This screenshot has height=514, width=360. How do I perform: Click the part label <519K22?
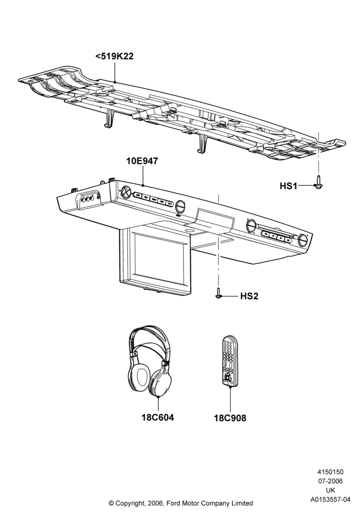coord(114,56)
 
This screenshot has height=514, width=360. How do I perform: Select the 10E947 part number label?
coord(142,161)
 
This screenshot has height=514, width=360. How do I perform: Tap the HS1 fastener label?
coord(288,186)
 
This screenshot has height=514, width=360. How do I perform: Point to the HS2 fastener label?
coord(249,296)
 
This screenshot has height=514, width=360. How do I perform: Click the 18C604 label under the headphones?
coord(158,417)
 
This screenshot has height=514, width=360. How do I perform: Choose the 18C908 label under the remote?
coord(230,418)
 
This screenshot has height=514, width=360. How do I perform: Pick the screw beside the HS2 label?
coord(218,293)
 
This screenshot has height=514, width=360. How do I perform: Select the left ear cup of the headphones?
coord(140,377)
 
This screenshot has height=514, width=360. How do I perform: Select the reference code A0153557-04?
coord(330,500)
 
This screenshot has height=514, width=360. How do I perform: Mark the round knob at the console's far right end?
coord(303,241)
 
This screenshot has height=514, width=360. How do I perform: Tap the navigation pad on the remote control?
coord(227,379)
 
